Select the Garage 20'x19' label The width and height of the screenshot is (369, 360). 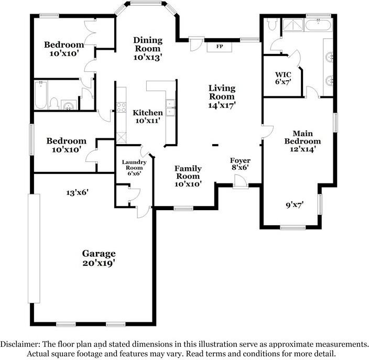(x=99, y=258)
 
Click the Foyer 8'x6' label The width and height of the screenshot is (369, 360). (x=240, y=164)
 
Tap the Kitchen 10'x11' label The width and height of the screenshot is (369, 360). (x=147, y=116)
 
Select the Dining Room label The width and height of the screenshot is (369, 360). (x=148, y=48)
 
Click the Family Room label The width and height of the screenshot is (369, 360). (x=188, y=176)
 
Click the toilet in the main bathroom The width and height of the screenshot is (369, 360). (x=272, y=24)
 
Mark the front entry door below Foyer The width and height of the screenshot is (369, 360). (x=241, y=181)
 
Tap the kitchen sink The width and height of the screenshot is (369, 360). (x=171, y=107)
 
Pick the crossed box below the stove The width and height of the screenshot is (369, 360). (x=122, y=137)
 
